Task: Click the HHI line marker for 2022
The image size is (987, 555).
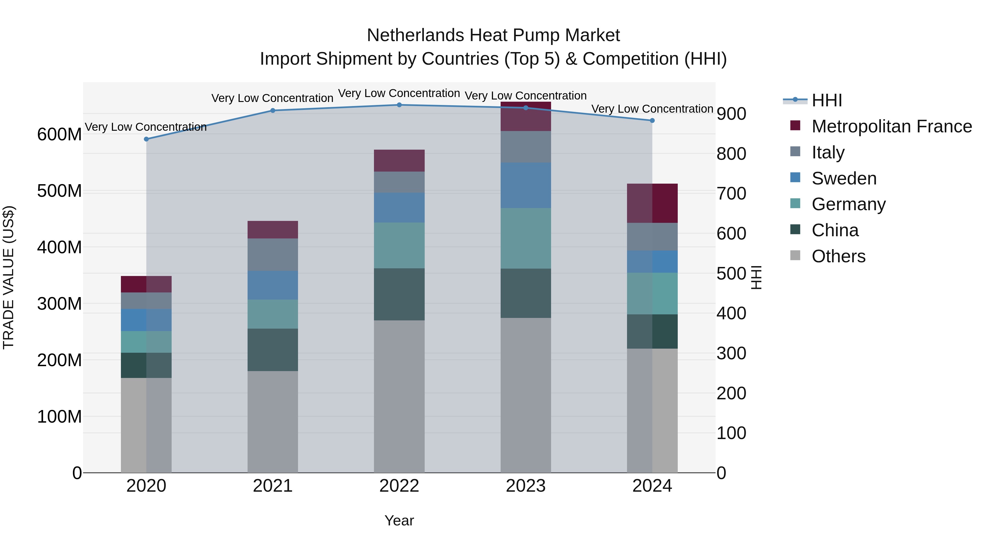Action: [399, 105]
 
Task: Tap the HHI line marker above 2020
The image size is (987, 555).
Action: [146, 139]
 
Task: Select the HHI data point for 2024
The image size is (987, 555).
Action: [652, 121]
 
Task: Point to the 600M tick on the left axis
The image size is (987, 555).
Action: [59, 135]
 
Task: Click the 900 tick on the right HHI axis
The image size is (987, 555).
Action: [731, 114]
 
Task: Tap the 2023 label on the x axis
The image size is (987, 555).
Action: [525, 486]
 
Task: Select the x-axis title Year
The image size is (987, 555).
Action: [399, 520]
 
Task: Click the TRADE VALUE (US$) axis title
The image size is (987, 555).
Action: [8, 277]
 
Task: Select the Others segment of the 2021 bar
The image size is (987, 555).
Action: [273, 421]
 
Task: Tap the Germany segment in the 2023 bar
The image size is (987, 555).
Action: [525, 238]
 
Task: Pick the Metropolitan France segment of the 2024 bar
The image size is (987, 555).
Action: [652, 203]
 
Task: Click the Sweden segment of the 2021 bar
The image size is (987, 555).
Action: [273, 285]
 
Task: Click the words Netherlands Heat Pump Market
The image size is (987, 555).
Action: [493, 35]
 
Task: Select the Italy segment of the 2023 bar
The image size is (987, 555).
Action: [525, 147]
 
